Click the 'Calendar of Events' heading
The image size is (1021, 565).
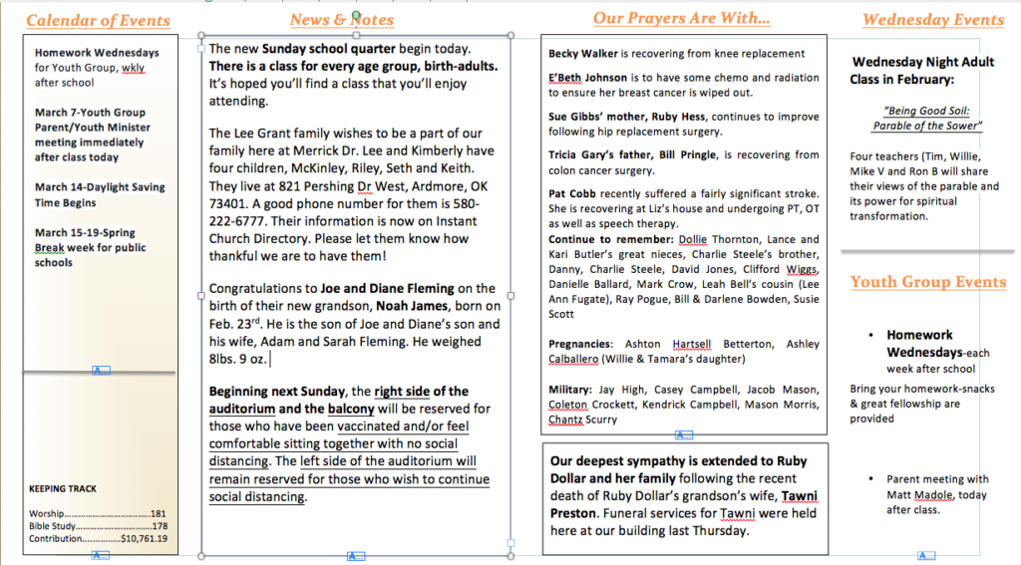click(x=98, y=21)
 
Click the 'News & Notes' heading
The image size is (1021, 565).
click(x=342, y=20)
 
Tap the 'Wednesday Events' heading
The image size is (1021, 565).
click(x=933, y=20)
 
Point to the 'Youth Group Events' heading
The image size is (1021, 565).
click(x=928, y=282)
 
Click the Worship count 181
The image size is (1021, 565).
click(x=159, y=513)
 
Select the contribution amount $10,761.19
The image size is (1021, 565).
click(x=144, y=539)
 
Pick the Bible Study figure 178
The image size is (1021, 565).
click(x=159, y=526)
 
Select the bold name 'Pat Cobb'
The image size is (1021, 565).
click(x=571, y=193)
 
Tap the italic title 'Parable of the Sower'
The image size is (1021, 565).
click(x=927, y=126)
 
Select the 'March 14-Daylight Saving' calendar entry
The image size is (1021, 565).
click(x=100, y=187)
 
